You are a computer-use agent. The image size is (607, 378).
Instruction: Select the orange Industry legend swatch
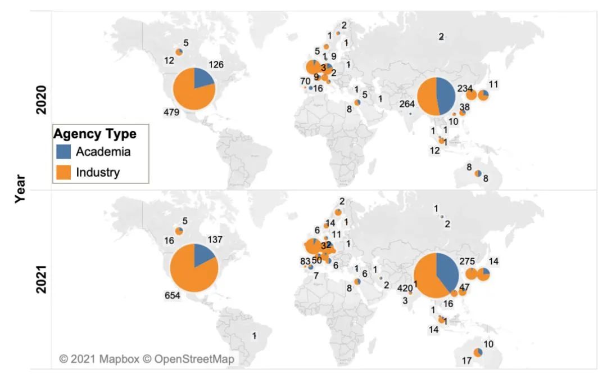[65, 172]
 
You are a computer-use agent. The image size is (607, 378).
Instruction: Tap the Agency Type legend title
[94, 134]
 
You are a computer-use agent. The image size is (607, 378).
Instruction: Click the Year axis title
[20, 188]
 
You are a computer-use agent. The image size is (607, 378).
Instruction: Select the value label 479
[171, 112]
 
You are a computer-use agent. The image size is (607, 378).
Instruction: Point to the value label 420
[404, 289]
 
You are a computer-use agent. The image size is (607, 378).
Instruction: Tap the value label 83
[304, 260]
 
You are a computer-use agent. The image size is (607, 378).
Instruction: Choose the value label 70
[305, 81]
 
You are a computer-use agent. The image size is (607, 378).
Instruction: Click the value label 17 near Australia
[466, 361]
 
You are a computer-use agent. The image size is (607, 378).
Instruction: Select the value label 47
[465, 287]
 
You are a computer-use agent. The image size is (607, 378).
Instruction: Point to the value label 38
[465, 107]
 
